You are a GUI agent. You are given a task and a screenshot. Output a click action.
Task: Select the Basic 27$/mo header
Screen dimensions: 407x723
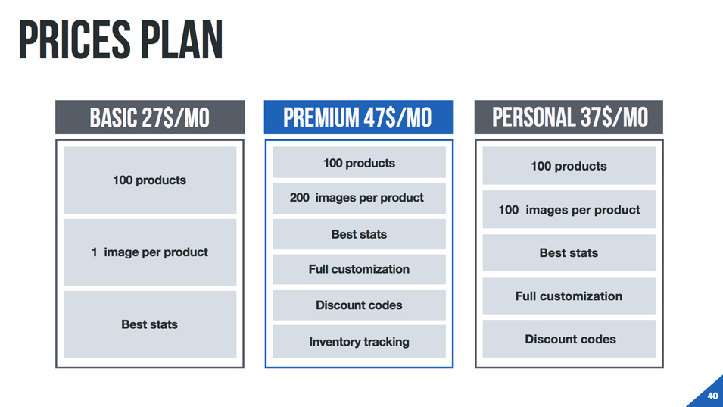tap(150, 117)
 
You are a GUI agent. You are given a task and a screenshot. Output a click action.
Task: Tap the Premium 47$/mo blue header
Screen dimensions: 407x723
tap(358, 117)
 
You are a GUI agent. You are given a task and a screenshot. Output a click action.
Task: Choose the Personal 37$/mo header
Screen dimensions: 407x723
tap(569, 117)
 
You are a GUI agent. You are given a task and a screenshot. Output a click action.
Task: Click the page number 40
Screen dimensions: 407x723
tap(712, 396)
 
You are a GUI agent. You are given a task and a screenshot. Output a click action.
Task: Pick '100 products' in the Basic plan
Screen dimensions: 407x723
tap(150, 180)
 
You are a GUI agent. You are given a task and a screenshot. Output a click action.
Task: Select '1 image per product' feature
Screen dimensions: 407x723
tap(150, 252)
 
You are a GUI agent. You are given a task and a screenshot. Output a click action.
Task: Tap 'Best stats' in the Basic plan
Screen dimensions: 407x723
tap(150, 324)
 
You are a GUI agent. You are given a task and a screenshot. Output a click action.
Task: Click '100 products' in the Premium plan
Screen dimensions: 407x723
tap(359, 163)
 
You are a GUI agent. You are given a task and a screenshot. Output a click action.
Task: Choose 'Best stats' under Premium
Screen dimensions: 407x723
tap(359, 234)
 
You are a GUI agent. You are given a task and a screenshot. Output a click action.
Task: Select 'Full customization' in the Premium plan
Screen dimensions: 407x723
tap(359, 269)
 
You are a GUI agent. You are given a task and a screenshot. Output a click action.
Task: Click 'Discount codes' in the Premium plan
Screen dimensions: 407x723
tap(359, 305)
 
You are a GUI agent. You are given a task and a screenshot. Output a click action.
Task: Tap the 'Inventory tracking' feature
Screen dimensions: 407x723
tap(359, 342)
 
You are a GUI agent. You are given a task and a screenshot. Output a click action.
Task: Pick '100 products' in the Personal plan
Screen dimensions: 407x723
tap(569, 166)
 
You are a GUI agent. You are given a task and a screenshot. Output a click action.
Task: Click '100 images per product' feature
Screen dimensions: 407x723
tap(569, 210)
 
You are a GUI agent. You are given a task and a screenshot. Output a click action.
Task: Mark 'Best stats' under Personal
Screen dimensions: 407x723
tap(569, 253)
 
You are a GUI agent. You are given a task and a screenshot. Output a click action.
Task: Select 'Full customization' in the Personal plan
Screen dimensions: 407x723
tap(569, 296)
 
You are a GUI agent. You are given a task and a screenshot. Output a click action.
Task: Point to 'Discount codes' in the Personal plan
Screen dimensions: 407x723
tap(570, 339)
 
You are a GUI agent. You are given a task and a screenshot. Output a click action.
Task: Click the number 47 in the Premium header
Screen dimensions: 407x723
tap(374, 117)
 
